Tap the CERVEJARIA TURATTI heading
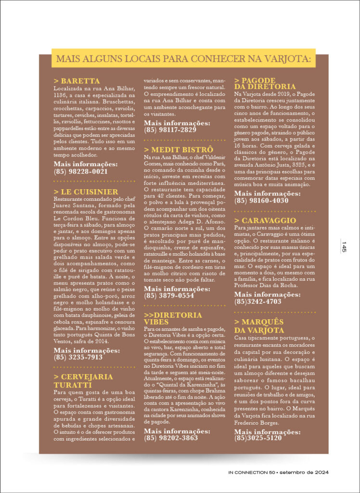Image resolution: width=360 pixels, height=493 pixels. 83,380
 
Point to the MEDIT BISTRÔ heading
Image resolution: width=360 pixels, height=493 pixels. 179,150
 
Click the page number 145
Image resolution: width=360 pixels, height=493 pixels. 345,247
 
